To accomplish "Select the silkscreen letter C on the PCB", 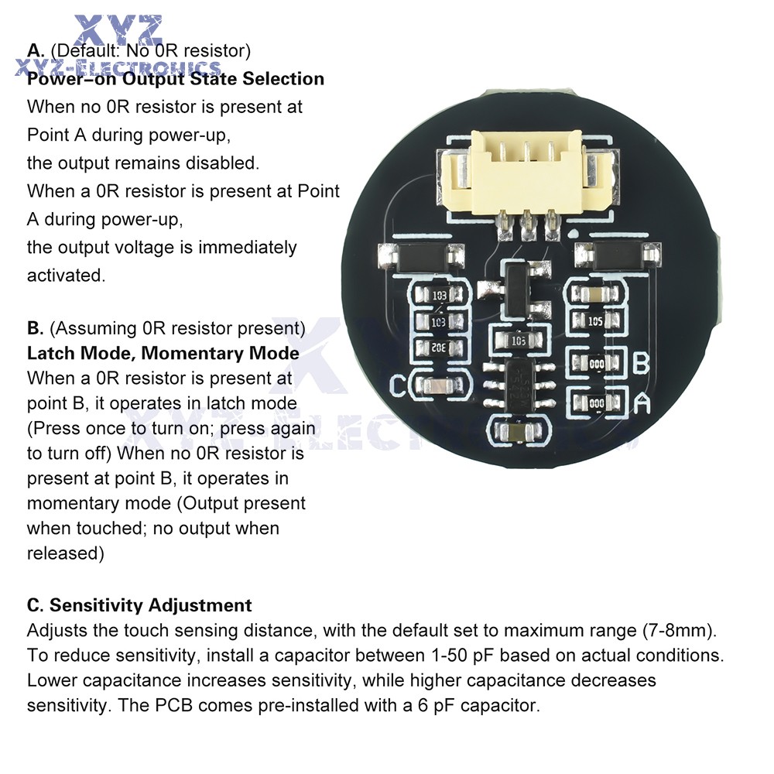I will tap(399, 385).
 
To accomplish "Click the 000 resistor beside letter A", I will tap(596, 402).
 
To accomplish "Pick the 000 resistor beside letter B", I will tap(596, 362).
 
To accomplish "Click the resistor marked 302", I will tap(440, 348).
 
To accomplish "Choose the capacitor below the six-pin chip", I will tap(515, 432).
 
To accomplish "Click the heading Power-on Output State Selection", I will tap(176, 79).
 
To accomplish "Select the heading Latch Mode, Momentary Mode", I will tap(163, 353).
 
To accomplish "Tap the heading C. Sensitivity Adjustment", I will tap(139, 604).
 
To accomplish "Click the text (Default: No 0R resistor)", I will tap(150, 51).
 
